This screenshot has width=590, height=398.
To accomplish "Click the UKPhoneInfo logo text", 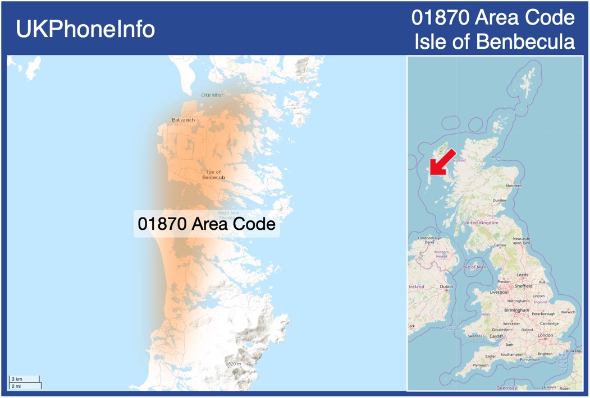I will pyautogui.click(x=85, y=29).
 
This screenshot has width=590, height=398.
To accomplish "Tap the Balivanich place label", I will pyautogui.click(x=184, y=120).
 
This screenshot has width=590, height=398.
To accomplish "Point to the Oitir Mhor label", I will pyautogui.click(x=212, y=95).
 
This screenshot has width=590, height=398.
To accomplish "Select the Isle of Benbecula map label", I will pyautogui.click(x=213, y=175).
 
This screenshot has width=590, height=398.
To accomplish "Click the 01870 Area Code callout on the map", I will pyautogui.click(x=207, y=224).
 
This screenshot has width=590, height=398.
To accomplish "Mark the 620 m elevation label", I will pyautogui.click(x=234, y=364).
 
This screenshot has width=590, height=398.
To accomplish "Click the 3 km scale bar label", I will pyautogui.click(x=17, y=380).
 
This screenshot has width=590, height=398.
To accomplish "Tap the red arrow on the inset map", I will pyautogui.click(x=441, y=163).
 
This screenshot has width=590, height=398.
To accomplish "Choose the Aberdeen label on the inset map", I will pyautogui.click(x=513, y=186).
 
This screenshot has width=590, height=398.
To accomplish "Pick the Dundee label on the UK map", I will pyautogui.click(x=500, y=200).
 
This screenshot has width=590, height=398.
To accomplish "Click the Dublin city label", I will pyautogui.click(x=446, y=286).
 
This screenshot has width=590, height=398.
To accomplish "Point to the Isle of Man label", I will pyautogui.click(x=474, y=267).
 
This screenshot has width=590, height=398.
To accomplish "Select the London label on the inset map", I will pyautogui.click(x=545, y=335).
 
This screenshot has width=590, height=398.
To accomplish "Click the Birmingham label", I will pyautogui.click(x=516, y=310).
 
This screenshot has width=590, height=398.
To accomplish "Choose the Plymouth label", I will pyautogui.click(x=480, y=365).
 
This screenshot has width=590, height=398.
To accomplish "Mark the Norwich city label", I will pyautogui.click(x=568, y=312).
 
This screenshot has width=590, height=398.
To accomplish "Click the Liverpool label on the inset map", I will pyautogui.click(x=498, y=292).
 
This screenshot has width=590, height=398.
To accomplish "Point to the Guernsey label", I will pyautogui.click(x=507, y=388).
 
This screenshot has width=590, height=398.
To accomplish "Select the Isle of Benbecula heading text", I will pyautogui.click(x=495, y=42).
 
